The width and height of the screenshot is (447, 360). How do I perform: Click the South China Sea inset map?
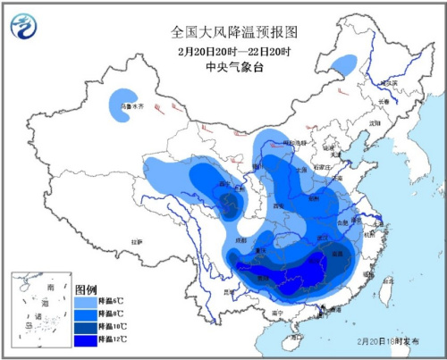click(38, 309)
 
